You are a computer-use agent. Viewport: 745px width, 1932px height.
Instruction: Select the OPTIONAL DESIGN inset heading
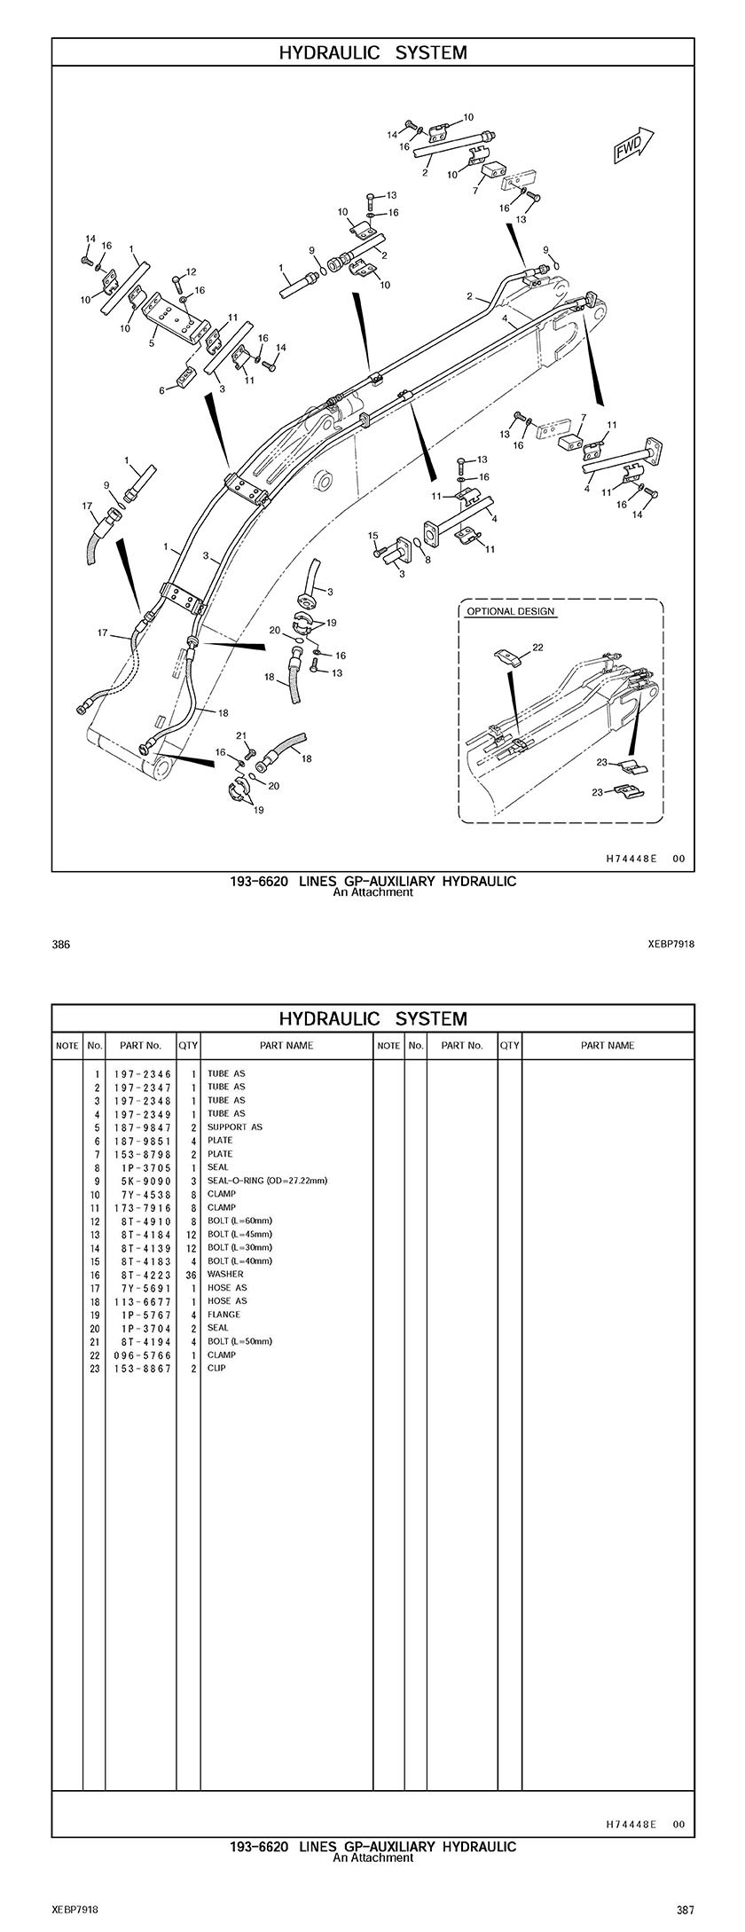pyautogui.click(x=510, y=611)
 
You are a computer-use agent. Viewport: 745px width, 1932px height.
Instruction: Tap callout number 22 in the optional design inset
pyautogui.click(x=537, y=648)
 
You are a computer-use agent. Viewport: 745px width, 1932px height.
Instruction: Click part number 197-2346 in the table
pyautogui.click(x=142, y=1074)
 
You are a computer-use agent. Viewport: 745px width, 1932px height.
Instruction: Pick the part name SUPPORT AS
pyautogui.click(x=234, y=1127)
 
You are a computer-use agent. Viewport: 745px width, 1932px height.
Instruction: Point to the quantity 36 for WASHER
pyautogui.click(x=191, y=1275)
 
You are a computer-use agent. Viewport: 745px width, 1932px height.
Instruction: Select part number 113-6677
pyautogui.click(x=142, y=1301)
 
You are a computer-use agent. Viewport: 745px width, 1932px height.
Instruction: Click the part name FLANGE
pyautogui.click(x=223, y=1315)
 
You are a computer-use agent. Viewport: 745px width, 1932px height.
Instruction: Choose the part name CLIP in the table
pyautogui.click(x=216, y=1368)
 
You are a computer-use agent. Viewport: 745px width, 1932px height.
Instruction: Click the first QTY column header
pyautogui.click(x=188, y=1046)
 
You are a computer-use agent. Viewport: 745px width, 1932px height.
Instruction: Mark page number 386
pyautogui.click(x=61, y=945)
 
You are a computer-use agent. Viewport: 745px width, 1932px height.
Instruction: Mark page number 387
pyautogui.click(x=684, y=1910)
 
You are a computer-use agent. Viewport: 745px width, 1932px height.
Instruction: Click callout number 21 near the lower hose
pyautogui.click(x=240, y=736)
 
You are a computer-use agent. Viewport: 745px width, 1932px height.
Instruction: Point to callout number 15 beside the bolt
pyautogui.click(x=373, y=536)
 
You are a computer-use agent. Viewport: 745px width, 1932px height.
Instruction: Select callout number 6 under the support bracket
pyautogui.click(x=162, y=389)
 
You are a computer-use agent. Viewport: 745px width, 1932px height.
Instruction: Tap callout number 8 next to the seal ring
pyautogui.click(x=427, y=560)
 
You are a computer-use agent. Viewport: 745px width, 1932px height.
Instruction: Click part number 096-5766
pyautogui.click(x=142, y=1355)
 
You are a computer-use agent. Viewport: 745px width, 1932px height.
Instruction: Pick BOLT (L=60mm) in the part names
pyautogui.click(x=239, y=1221)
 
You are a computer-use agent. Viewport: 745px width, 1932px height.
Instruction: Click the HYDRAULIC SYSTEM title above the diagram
pyautogui.click(x=372, y=53)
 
